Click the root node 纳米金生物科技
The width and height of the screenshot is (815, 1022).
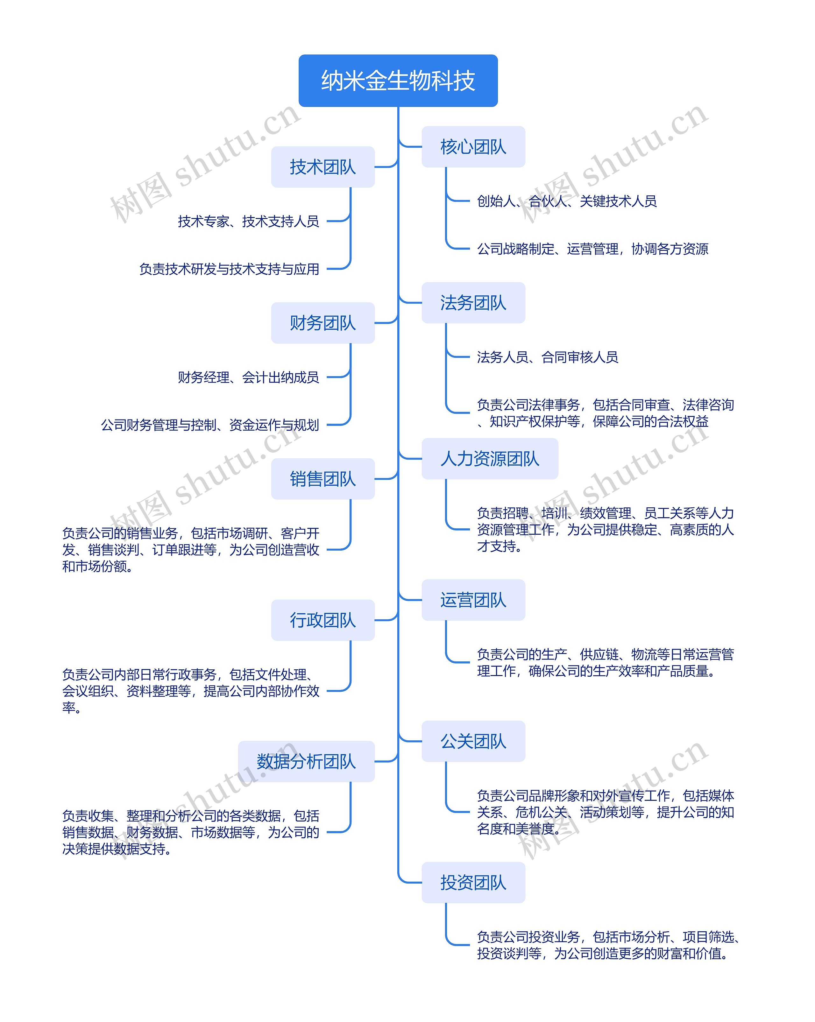click(398, 81)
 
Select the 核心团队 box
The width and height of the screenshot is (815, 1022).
click(473, 147)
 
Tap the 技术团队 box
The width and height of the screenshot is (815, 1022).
click(322, 167)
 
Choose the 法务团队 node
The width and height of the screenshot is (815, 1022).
click(473, 303)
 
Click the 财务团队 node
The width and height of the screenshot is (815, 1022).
click(322, 323)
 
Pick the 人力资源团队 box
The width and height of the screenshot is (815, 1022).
click(490, 459)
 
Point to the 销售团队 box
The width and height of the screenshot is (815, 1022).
click(322, 479)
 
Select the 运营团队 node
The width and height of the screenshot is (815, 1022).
click(473, 600)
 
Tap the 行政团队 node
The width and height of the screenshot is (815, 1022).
click(322, 620)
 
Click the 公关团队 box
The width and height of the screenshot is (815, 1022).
click(473, 741)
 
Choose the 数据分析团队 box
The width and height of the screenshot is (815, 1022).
click(306, 761)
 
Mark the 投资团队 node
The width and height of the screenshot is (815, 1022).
click(473, 883)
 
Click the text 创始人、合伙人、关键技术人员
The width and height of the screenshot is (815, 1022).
click(567, 201)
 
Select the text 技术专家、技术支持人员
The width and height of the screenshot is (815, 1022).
click(248, 222)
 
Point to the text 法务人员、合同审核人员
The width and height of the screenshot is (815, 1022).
click(548, 357)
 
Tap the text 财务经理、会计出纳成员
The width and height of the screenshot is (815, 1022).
click(248, 377)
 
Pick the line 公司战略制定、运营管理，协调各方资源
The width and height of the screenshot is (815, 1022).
click(593, 249)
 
